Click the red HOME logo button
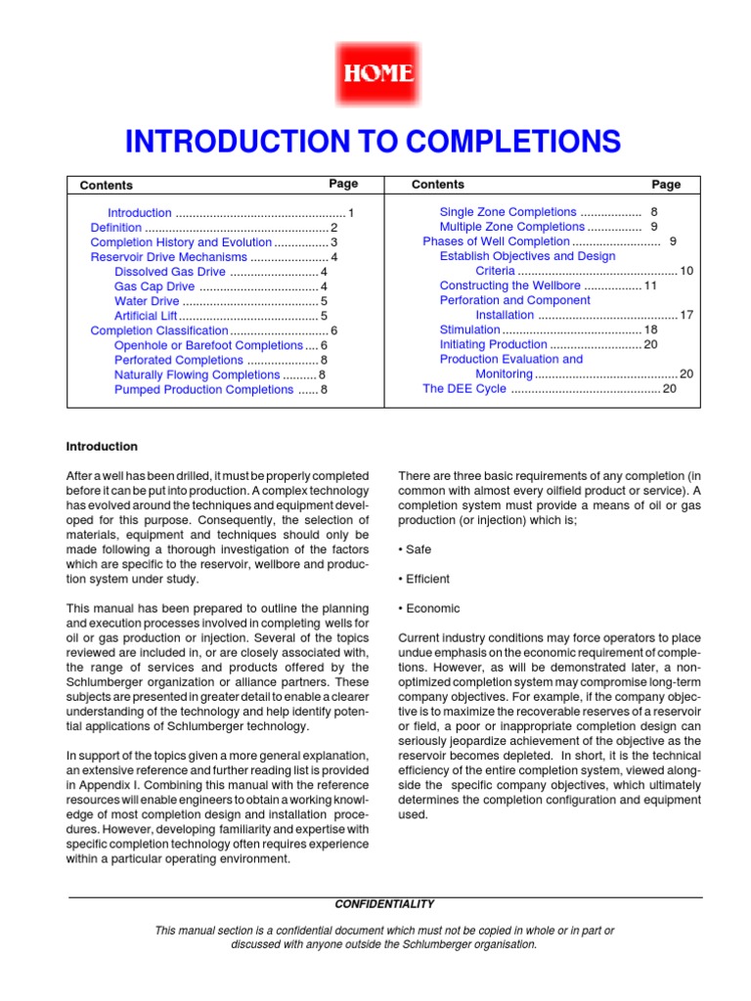375,74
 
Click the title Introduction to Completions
373,142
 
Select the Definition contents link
115,228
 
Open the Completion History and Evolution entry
180,242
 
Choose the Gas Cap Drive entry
154,286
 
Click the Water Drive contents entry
147,301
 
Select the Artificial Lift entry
146,316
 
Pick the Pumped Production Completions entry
202,389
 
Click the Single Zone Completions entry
508,212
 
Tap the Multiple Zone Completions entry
511,227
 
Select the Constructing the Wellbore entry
509,285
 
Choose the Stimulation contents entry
469,329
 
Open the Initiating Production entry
493,344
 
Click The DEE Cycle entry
464,388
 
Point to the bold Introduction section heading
102,447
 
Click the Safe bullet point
414,549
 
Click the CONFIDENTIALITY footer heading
384,904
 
